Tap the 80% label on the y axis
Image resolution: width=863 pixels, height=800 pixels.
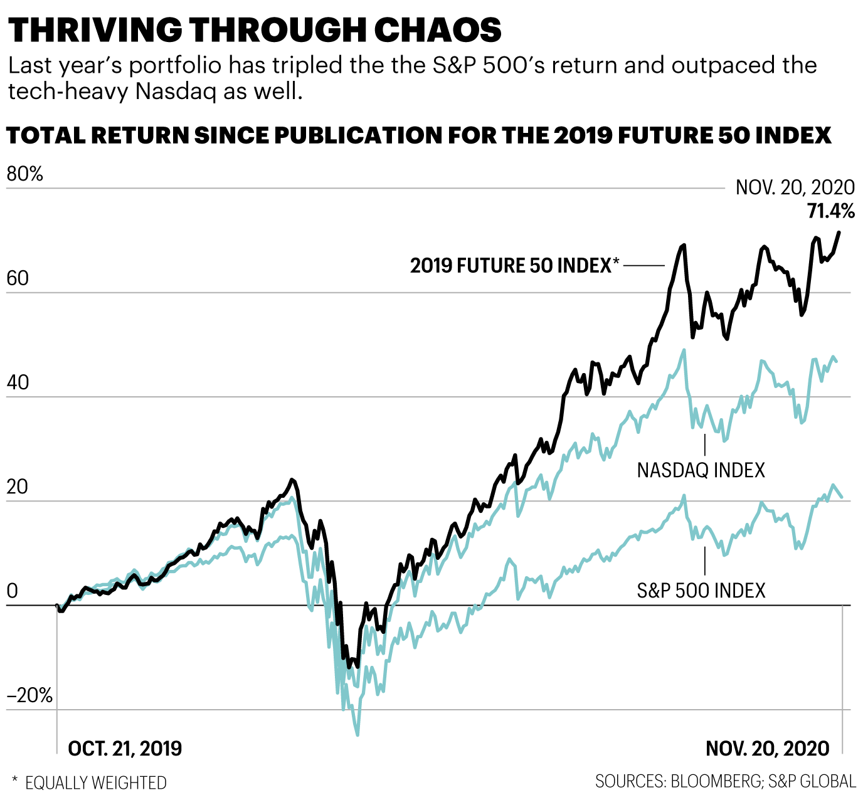tap(25, 174)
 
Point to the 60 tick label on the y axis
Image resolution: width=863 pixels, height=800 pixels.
tap(18, 278)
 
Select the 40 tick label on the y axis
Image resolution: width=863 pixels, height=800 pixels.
tap(18, 382)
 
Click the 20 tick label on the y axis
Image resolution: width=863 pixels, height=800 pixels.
tap(18, 487)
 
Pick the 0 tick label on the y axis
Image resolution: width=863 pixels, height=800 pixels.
tap(12, 591)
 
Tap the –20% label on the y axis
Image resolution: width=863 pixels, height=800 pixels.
tap(29, 695)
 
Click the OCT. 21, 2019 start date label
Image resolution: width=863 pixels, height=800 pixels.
tap(125, 748)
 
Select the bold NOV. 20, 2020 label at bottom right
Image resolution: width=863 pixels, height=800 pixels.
tap(767, 748)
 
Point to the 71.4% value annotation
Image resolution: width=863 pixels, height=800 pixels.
tap(830, 211)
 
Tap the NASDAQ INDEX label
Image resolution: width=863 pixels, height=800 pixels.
tap(701, 470)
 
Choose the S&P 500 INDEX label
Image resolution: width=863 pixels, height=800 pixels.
tap(701, 591)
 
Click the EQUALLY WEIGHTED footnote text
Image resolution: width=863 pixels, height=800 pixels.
tap(95, 783)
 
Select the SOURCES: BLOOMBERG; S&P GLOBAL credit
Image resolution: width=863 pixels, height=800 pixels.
tap(725, 781)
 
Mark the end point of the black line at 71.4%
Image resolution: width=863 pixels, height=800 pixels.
tap(839, 233)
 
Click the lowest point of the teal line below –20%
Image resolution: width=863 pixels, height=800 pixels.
tap(357, 734)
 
